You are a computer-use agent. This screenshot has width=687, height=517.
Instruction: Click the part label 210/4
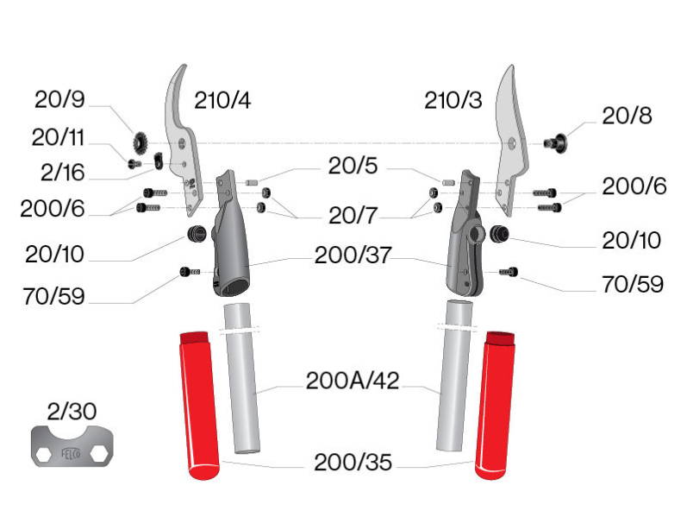(222, 100)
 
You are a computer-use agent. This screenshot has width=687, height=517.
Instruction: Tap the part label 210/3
(453, 100)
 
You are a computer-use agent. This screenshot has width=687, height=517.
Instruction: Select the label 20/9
(60, 100)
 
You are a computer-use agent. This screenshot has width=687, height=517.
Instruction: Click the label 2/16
(60, 173)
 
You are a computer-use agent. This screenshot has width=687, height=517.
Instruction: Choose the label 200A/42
(353, 381)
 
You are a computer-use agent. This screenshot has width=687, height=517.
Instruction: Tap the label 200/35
(353, 463)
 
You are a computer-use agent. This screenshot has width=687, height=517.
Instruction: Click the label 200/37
(353, 255)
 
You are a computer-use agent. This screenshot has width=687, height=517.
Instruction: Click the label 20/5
(353, 166)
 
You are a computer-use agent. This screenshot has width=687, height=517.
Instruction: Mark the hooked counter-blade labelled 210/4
(183, 138)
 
